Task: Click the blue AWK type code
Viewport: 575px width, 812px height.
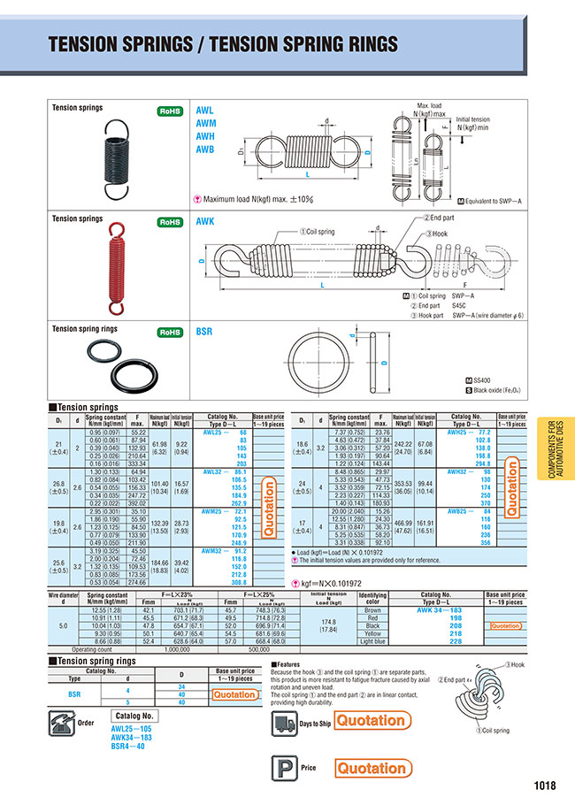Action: coord(205,223)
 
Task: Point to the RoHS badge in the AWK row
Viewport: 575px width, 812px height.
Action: coord(169,223)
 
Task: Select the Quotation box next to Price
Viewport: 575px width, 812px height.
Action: coord(372,768)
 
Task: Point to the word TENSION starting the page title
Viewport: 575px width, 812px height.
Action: coord(84,45)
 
